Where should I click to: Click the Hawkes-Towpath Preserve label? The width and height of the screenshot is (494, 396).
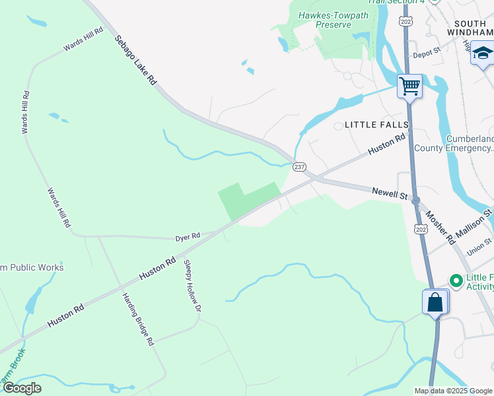[324, 20]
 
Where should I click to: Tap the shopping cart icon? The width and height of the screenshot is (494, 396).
[409, 86]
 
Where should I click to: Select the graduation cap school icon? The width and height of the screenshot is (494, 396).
[483, 53]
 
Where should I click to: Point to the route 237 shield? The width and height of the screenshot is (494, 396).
[299, 168]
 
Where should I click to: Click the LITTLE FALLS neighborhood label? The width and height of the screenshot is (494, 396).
[372, 125]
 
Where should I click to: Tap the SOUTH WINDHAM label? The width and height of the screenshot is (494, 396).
[470, 27]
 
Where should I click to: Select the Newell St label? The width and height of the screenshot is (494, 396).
[388, 193]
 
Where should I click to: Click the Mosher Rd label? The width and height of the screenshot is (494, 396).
[439, 225]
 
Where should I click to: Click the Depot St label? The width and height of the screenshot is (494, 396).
[425, 55]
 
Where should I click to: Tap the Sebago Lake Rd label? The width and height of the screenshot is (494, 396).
[135, 60]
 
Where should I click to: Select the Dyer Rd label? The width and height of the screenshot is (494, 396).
[188, 236]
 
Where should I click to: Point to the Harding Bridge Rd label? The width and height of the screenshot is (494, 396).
[137, 319]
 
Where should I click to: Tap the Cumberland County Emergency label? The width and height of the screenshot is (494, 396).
[453, 143]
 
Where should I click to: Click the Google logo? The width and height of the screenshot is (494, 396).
[22, 388]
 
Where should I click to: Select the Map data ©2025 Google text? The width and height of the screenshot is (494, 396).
[454, 391]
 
